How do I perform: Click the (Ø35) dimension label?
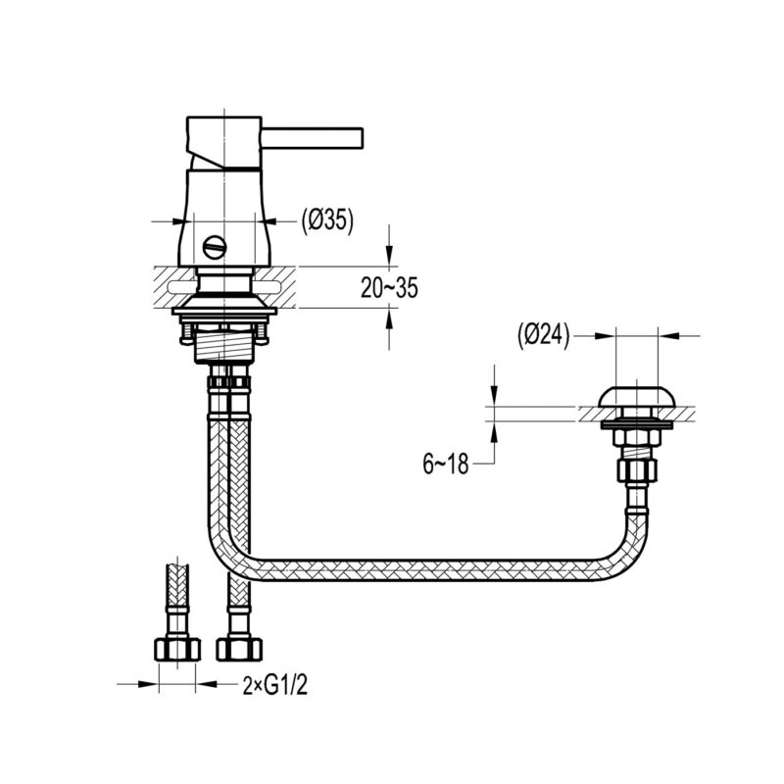click(327, 220)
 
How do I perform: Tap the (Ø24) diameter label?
click(544, 336)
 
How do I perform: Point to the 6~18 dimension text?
click(446, 464)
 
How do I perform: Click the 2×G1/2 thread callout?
click(274, 685)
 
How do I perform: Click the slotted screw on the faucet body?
click(215, 247)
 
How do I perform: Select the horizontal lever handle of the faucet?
click(313, 138)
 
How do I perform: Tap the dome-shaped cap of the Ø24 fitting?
click(638, 396)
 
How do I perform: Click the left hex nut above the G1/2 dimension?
click(177, 650)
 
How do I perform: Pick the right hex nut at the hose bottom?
click(239, 650)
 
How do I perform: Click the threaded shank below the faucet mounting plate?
click(223, 346)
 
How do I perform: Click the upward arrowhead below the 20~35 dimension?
click(389, 318)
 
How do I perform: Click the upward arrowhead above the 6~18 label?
click(495, 431)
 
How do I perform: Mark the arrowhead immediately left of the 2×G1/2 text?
click(206, 683)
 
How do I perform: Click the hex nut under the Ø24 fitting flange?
click(637, 437)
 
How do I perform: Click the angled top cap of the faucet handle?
click(224, 142)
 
